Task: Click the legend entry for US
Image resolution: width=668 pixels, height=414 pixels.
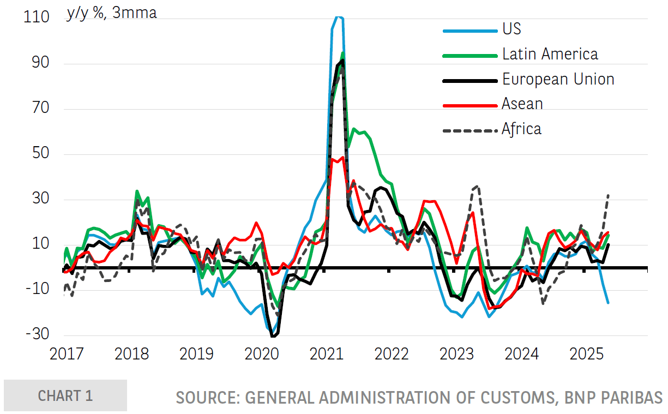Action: (511, 29)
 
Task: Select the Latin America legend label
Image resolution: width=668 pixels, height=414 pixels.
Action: (550, 54)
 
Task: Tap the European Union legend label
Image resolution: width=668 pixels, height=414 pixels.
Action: (558, 79)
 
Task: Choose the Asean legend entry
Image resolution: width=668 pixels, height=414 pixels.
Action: (522, 104)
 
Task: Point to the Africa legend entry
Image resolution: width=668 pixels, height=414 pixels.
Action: (521, 129)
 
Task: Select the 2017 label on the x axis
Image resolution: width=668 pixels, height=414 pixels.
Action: (67, 355)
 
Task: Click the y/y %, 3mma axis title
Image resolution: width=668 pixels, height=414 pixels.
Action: (111, 13)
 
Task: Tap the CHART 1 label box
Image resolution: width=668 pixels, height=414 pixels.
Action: (65, 395)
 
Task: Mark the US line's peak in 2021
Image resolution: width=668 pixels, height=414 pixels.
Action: (338, 17)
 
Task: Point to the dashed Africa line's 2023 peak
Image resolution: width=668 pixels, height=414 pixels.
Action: (478, 186)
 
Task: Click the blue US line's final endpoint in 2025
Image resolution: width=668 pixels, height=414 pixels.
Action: (608, 303)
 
